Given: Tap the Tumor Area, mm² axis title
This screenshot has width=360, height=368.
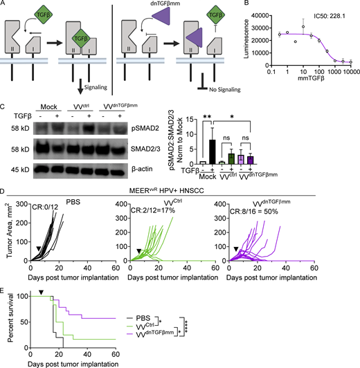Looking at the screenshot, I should pyautogui.click(x=10, y=236).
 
